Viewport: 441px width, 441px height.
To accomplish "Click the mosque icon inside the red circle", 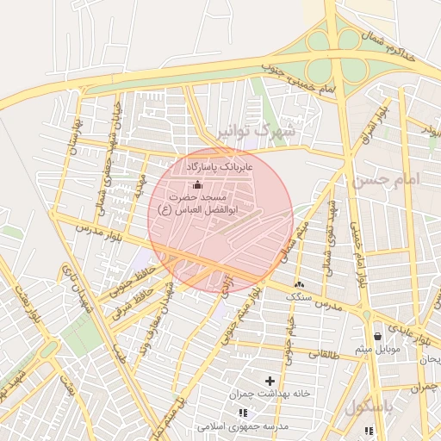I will (x=198, y=183).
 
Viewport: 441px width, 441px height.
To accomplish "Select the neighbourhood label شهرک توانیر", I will (x=257, y=133).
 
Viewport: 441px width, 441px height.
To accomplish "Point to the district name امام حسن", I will (x=384, y=180).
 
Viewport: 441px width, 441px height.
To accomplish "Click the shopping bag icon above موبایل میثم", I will (x=378, y=336).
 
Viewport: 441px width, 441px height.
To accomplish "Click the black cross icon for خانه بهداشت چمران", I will (x=270, y=380).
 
